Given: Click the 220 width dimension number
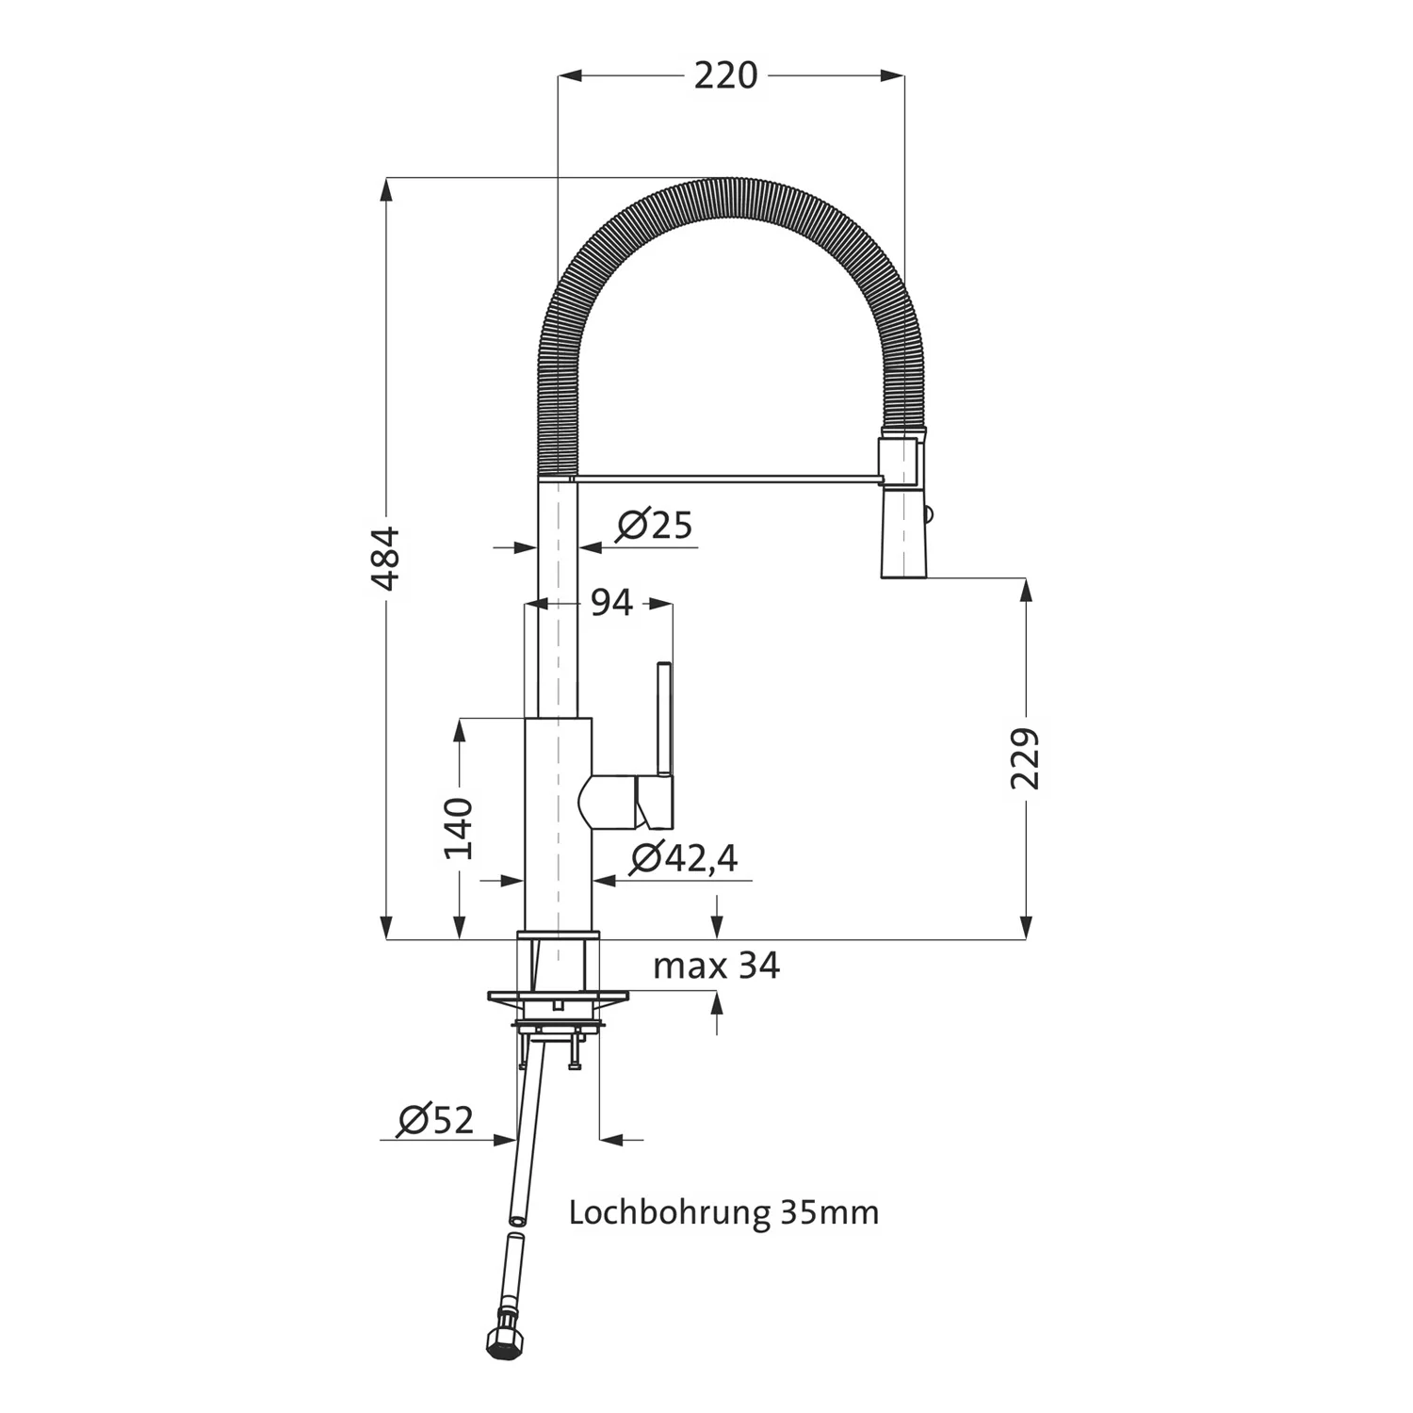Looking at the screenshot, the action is (725, 75).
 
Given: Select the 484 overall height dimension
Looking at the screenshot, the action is (385, 559).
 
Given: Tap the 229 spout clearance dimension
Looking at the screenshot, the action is (1025, 758).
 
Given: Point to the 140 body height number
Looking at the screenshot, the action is (459, 828).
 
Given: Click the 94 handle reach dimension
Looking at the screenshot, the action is (611, 602).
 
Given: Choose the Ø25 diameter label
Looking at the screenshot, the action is (655, 525).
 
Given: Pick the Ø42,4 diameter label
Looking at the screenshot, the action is (684, 857).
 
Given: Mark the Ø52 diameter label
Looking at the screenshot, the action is (435, 1120).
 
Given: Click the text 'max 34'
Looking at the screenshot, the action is (716, 966).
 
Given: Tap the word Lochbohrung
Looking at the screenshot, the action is (669, 1211).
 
